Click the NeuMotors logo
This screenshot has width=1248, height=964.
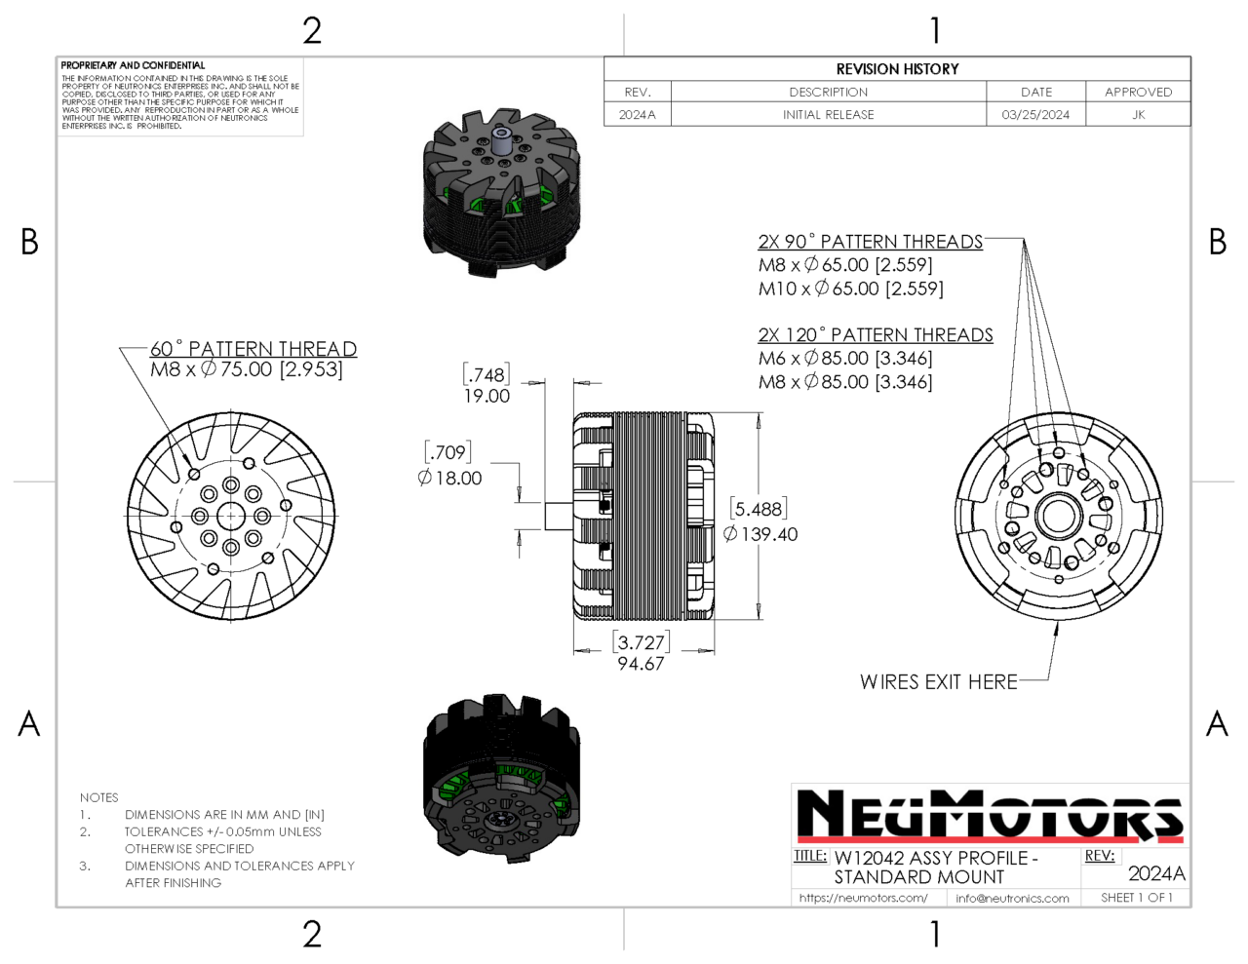(990, 815)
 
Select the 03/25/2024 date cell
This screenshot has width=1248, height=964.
(1035, 115)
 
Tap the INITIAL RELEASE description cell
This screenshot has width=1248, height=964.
(828, 115)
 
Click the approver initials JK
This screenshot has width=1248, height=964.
(1138, 115)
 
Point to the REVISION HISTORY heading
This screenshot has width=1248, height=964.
(897, 69)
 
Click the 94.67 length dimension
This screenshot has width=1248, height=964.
(640, 664)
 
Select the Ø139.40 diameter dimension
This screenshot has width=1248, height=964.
(760, 534)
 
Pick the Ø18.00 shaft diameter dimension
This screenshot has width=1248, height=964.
(449, 478)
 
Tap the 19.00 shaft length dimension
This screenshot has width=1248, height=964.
(487, 396)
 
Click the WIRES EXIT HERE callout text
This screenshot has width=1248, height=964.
(938, 682)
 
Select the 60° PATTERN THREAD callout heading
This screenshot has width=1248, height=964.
(253, 349)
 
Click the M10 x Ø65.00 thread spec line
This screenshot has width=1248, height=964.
(850, 289)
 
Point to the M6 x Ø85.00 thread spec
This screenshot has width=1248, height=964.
(844, 359)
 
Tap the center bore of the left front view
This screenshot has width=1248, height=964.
(230, 517)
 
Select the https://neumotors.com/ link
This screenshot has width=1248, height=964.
(863, 898)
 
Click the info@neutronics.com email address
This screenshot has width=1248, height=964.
(1012, 898)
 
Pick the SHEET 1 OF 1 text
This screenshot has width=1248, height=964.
(1136, 898)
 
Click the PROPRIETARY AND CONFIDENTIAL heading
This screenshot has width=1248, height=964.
(134, 65)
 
